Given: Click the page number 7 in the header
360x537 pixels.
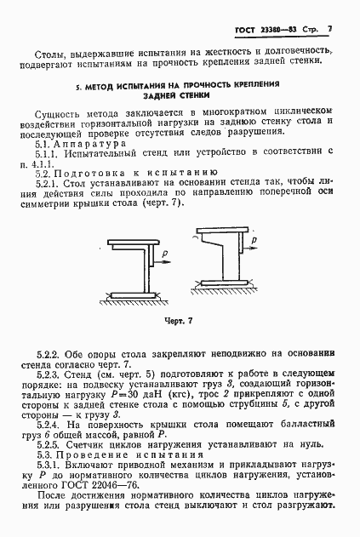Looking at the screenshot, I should (328, 30).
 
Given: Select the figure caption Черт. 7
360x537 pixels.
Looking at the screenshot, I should (180, 321).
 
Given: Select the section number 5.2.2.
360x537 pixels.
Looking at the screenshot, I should (50, 351).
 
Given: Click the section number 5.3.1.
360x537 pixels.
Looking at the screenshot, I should (50, 467).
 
